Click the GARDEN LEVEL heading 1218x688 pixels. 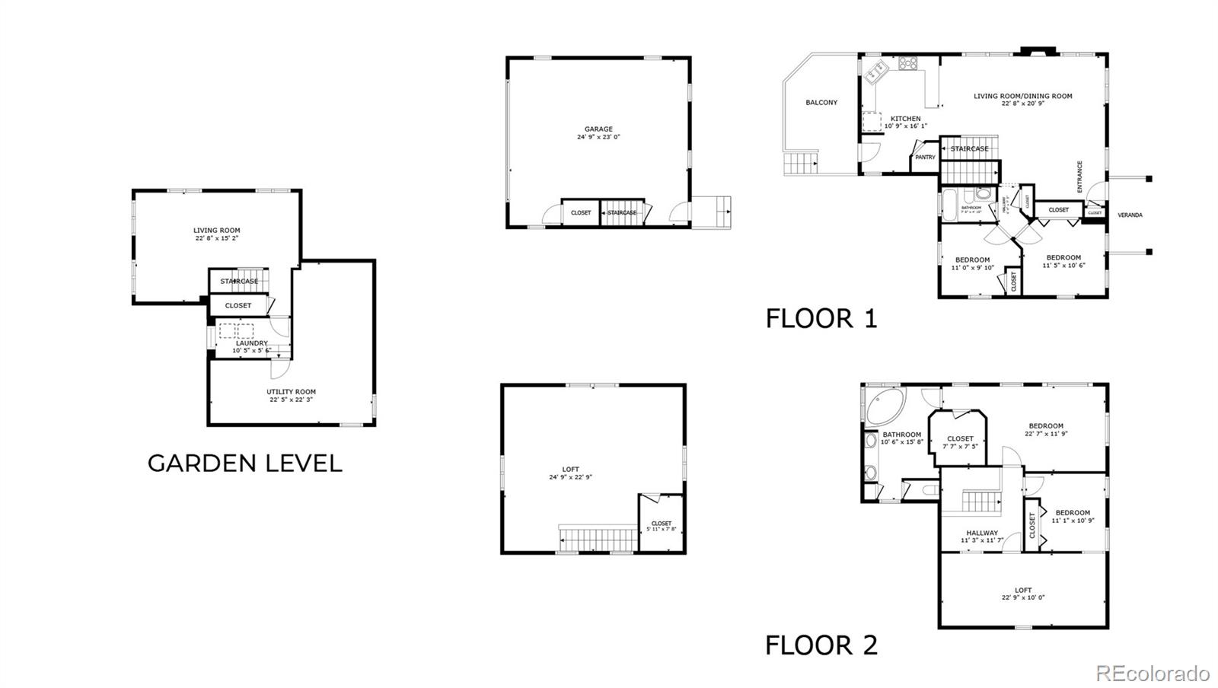point(244,463)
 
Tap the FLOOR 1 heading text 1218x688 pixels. point(821,318)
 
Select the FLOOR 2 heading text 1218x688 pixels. point(821,645)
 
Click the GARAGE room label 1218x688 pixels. point(598,129)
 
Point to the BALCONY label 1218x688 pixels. point(821,102)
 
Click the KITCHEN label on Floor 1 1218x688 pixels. point(905,119)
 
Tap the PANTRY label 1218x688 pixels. point(925,158)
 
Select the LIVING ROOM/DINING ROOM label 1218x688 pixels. point(1022,96)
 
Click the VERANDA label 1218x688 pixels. point(1130,215)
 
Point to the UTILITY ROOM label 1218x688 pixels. point(291,392)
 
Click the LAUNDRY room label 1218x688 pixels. point(251,343)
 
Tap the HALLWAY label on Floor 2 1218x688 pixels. point(982,533)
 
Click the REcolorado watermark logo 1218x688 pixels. point(1152,673)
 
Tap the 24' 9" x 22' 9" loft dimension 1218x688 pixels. point(570,477)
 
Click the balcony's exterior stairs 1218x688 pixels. point(801,163)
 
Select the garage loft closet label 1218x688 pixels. point(662,523)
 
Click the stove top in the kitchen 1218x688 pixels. point(907,63)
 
